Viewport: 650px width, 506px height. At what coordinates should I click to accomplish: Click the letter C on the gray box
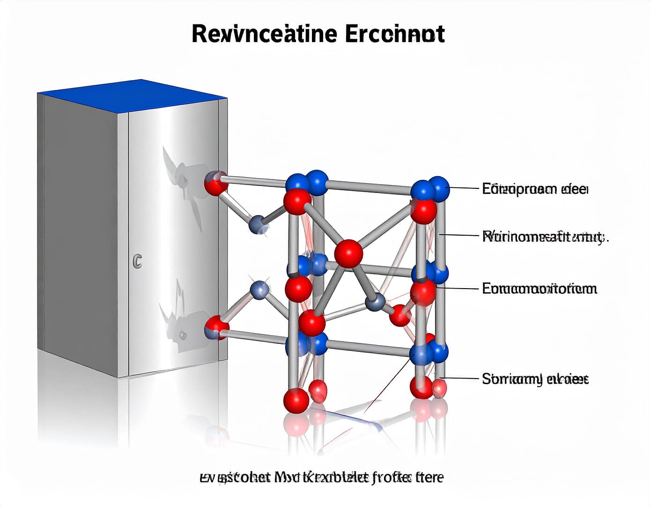point(137,261)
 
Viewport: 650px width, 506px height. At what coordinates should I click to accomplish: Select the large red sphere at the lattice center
point(349,253)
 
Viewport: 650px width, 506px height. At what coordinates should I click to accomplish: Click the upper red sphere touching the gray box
point(216,184)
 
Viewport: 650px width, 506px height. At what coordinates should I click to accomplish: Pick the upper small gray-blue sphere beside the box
point(259,225)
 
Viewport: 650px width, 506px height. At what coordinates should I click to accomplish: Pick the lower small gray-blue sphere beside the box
point(260,290)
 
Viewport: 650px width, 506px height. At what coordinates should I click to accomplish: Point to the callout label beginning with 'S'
point(535,379)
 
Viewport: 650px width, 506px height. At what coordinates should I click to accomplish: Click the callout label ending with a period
point(545,237)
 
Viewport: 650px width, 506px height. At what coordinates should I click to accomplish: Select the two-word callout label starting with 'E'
point(534,189)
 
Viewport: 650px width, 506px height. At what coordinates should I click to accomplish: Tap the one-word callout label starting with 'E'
point(539,288)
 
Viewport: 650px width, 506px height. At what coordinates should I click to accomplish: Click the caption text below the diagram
point(321,477)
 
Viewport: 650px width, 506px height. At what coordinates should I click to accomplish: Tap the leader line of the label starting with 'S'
point(461,378)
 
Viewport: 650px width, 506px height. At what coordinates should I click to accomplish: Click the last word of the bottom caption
point(431,477)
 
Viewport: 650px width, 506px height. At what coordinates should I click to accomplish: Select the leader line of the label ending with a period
point(461,235)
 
